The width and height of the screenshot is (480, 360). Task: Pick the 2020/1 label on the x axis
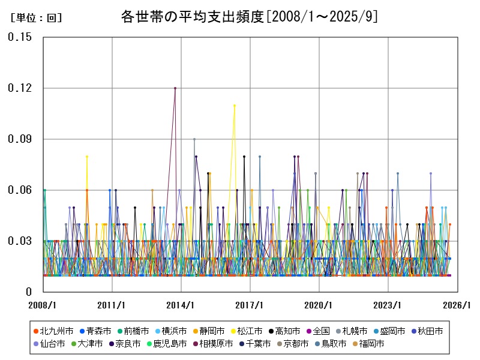(x=319, y=305)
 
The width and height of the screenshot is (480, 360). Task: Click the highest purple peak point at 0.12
(x=175, y=88)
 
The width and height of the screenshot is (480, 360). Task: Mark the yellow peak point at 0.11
(x=235, y=106)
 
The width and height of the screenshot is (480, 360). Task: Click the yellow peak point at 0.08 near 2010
(x=87, y=157)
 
